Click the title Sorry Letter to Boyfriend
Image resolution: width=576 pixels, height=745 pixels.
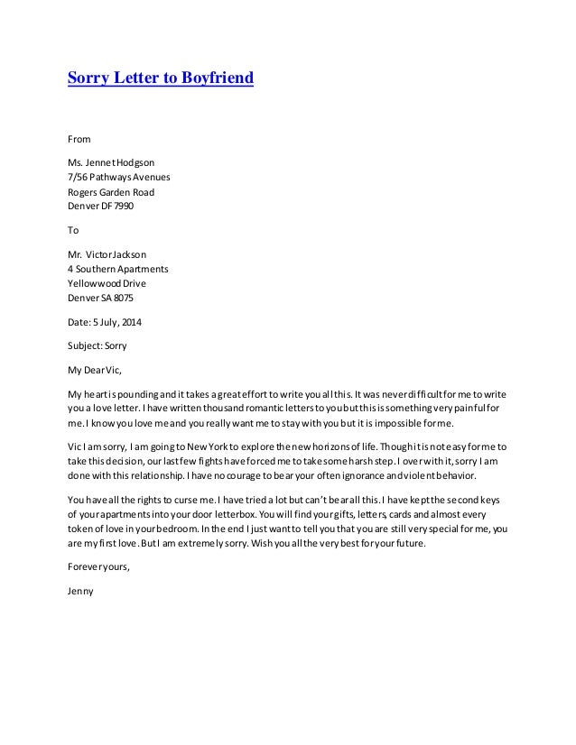coord(161,78)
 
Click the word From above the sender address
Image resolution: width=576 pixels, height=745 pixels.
coord(79,140)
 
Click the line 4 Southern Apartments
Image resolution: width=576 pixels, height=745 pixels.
coord(117,269)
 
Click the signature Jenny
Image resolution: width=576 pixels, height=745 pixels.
coord(81,592)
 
